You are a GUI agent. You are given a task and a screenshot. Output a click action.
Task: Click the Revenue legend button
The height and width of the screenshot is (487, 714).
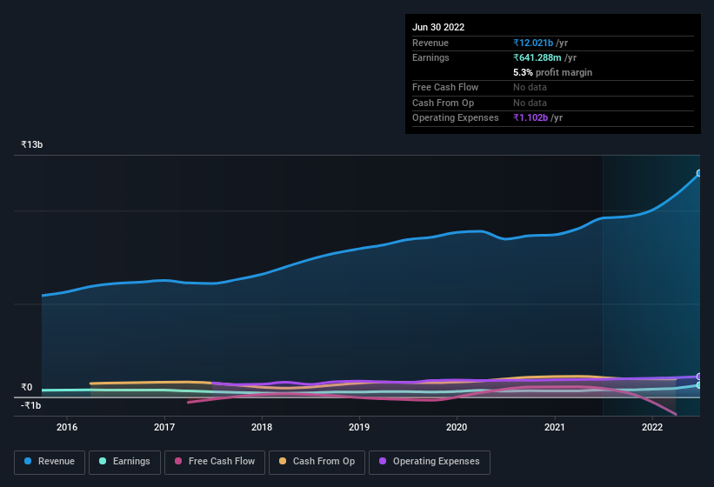click(50, 462)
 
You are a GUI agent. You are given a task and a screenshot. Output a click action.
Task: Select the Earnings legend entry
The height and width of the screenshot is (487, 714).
click(124, 462)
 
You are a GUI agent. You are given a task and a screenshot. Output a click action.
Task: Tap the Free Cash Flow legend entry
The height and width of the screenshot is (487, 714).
click(214, 462)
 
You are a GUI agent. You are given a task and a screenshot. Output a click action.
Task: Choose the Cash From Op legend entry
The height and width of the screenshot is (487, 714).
click(317, 462)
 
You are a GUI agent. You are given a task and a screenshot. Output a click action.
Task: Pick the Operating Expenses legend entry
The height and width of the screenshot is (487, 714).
click(429, 462)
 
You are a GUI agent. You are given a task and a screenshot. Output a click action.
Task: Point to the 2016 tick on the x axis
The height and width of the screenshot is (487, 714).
click(67, 427)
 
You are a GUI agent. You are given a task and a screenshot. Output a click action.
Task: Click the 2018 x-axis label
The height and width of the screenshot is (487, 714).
click(262, 427)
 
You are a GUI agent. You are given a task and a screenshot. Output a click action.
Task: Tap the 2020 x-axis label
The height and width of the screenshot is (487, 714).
click(457, 427)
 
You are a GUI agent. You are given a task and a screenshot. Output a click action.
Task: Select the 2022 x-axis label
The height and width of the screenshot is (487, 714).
click(651, 427)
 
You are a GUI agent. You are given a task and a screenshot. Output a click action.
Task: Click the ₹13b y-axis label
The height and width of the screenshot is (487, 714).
click(32, 144)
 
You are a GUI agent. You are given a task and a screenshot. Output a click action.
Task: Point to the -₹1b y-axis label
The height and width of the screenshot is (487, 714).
click(31, 405)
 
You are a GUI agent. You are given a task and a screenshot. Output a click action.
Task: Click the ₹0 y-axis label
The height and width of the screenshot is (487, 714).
click(27, 388)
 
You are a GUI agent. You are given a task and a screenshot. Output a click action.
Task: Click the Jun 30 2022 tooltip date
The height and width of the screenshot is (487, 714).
click(438, 27)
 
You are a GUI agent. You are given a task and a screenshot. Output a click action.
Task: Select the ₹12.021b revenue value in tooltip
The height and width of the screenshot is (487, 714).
click(533, 43)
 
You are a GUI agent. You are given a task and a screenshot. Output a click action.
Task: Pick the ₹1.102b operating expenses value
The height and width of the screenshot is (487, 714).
click(530, 117)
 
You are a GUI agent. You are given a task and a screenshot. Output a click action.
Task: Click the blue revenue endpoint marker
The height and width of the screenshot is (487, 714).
click(699, 173)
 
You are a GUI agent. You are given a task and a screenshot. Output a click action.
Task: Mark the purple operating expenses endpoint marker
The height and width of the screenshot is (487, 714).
click(699, 377)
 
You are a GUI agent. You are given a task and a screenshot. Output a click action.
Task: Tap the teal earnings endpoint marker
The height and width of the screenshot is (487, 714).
click(699, 384)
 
